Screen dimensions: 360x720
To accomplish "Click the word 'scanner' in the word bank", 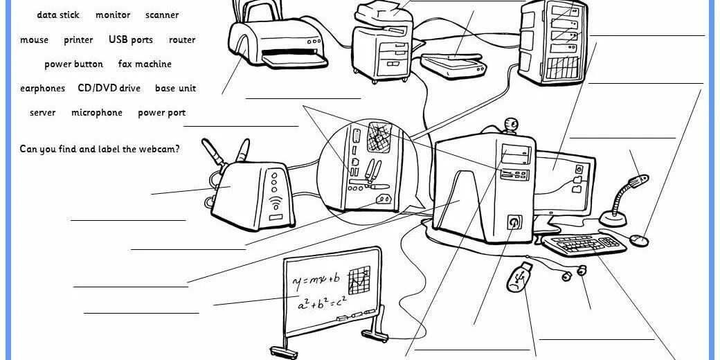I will [x=162, y=15].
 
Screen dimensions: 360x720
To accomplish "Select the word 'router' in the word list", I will [x=182, y=40].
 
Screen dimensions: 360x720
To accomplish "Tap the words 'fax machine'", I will [x=145, y=64].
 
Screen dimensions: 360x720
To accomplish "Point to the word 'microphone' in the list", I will [x=96, y=113].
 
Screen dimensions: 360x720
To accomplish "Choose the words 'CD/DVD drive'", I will [x=109, y=89].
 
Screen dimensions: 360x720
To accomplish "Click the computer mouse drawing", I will [x=640, y=240].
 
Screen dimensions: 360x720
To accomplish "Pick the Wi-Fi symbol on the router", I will [x=275, y=204].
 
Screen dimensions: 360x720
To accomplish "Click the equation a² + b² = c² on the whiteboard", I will [x=321, y=303].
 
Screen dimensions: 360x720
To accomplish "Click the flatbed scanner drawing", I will [x=455, y=64].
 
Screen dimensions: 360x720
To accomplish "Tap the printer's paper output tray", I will [x=294, y=60].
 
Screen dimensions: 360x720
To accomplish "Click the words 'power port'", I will [x=161, y=113].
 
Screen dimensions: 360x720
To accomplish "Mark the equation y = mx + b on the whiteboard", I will [x=316, y=280].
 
